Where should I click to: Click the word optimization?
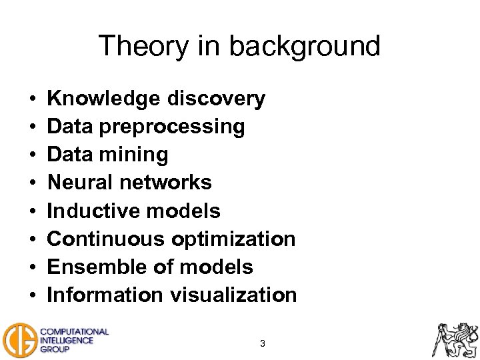click(x=233, y=239)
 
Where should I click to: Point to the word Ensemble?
click(x=89, y=267)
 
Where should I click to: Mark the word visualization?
click(x=233, y=295)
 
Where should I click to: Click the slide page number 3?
click(x=263, y=344)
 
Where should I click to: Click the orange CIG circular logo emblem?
click(x=19, y=340)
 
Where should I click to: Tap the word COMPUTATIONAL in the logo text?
click(x=75, y=331)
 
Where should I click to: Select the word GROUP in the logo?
click(x=55, y=349)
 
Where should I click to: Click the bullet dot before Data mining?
click(x=33, y=155)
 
